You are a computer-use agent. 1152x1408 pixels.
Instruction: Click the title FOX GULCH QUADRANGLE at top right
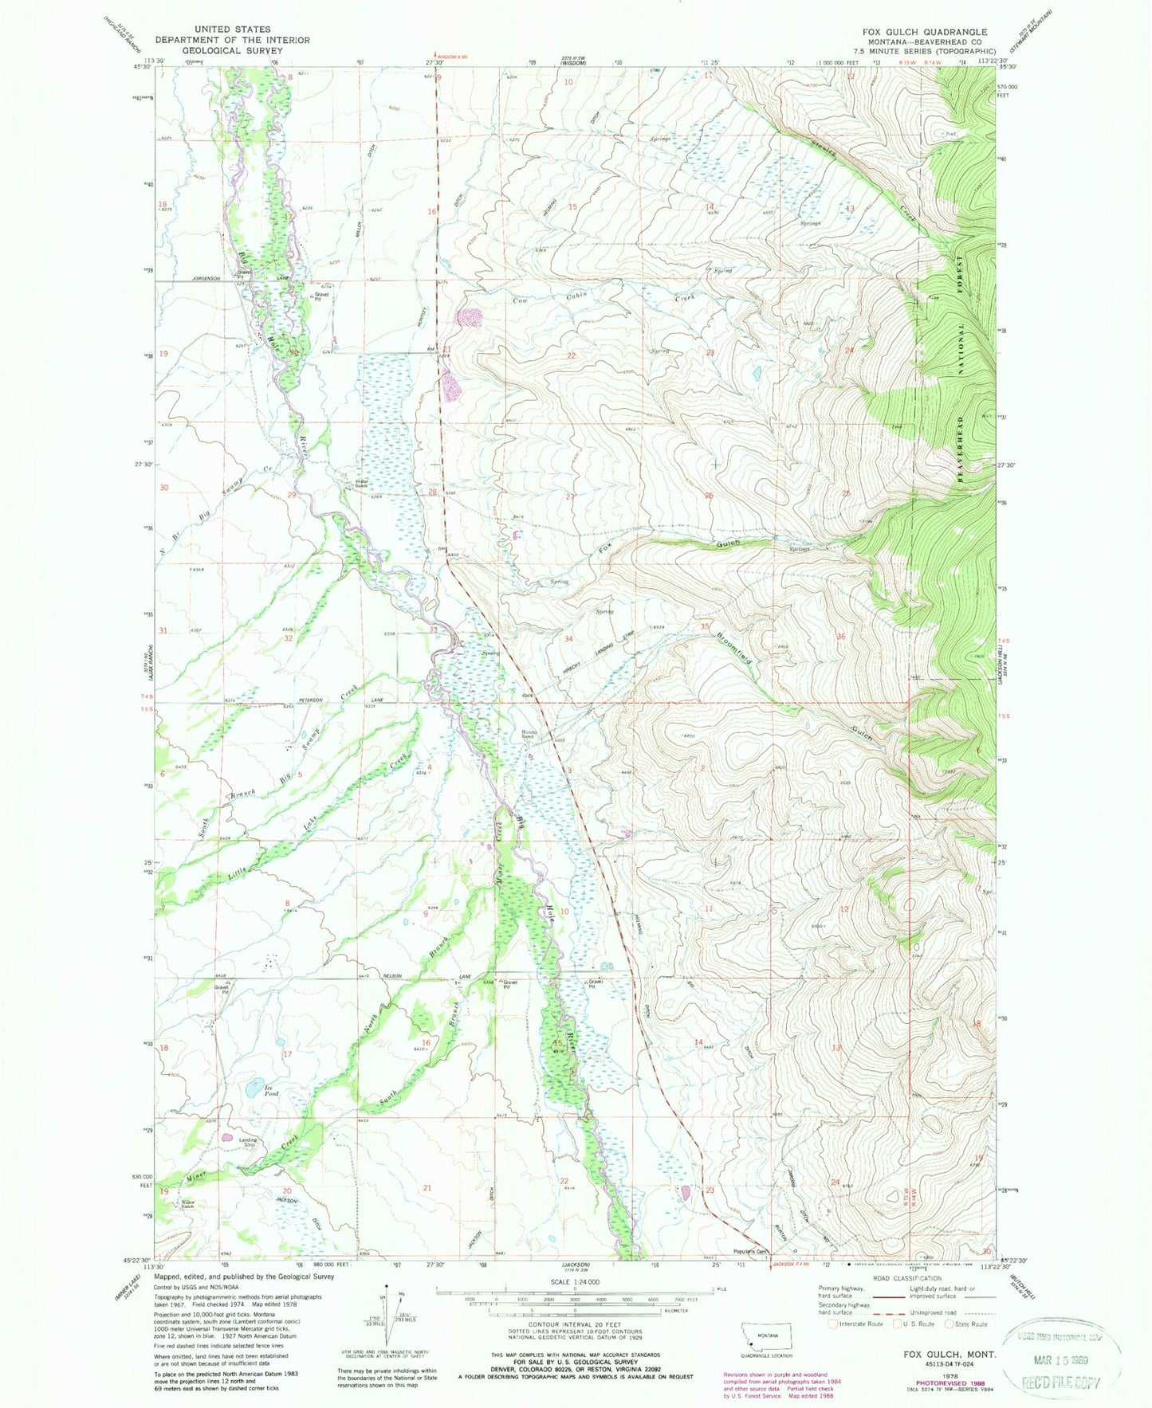[924, 33]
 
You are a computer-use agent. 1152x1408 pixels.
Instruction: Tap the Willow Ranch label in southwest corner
[187, 1203]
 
